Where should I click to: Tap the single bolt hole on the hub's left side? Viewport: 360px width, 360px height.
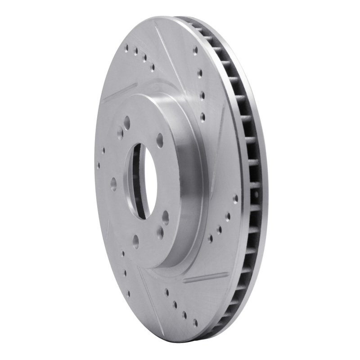click(113, 184)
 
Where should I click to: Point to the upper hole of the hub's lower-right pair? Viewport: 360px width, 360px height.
click(166, 216)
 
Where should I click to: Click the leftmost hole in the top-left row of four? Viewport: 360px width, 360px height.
click(128, 46)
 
